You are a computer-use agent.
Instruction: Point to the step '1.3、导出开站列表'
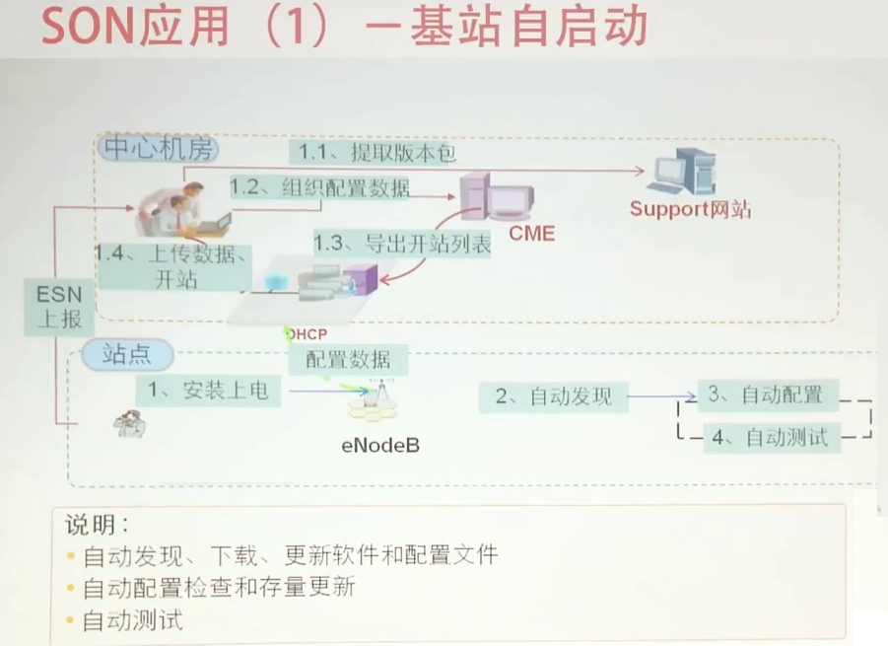pyautogui.click(x=402, y=244)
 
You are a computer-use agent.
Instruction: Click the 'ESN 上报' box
pyautogui.click(x=59, y=307)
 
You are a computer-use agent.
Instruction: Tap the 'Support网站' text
pyautogui.click(x=691, y=209)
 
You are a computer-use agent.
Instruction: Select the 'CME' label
pyautogui.click(x=531, y=234)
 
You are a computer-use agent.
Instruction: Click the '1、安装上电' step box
pyautogui.click(x=208, y=391)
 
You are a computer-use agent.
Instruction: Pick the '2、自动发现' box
pyautogui.click(x=553, y=396)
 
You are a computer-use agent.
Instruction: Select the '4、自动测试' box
pyautogui.click(x=773, y=437)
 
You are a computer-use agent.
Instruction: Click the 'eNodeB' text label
pyautogui.click(x=380, y=445)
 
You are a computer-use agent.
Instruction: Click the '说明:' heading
pyautogui.click(x=97, y=524)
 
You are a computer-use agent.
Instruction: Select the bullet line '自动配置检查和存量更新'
pyautogui.click(x=219, y=589)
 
